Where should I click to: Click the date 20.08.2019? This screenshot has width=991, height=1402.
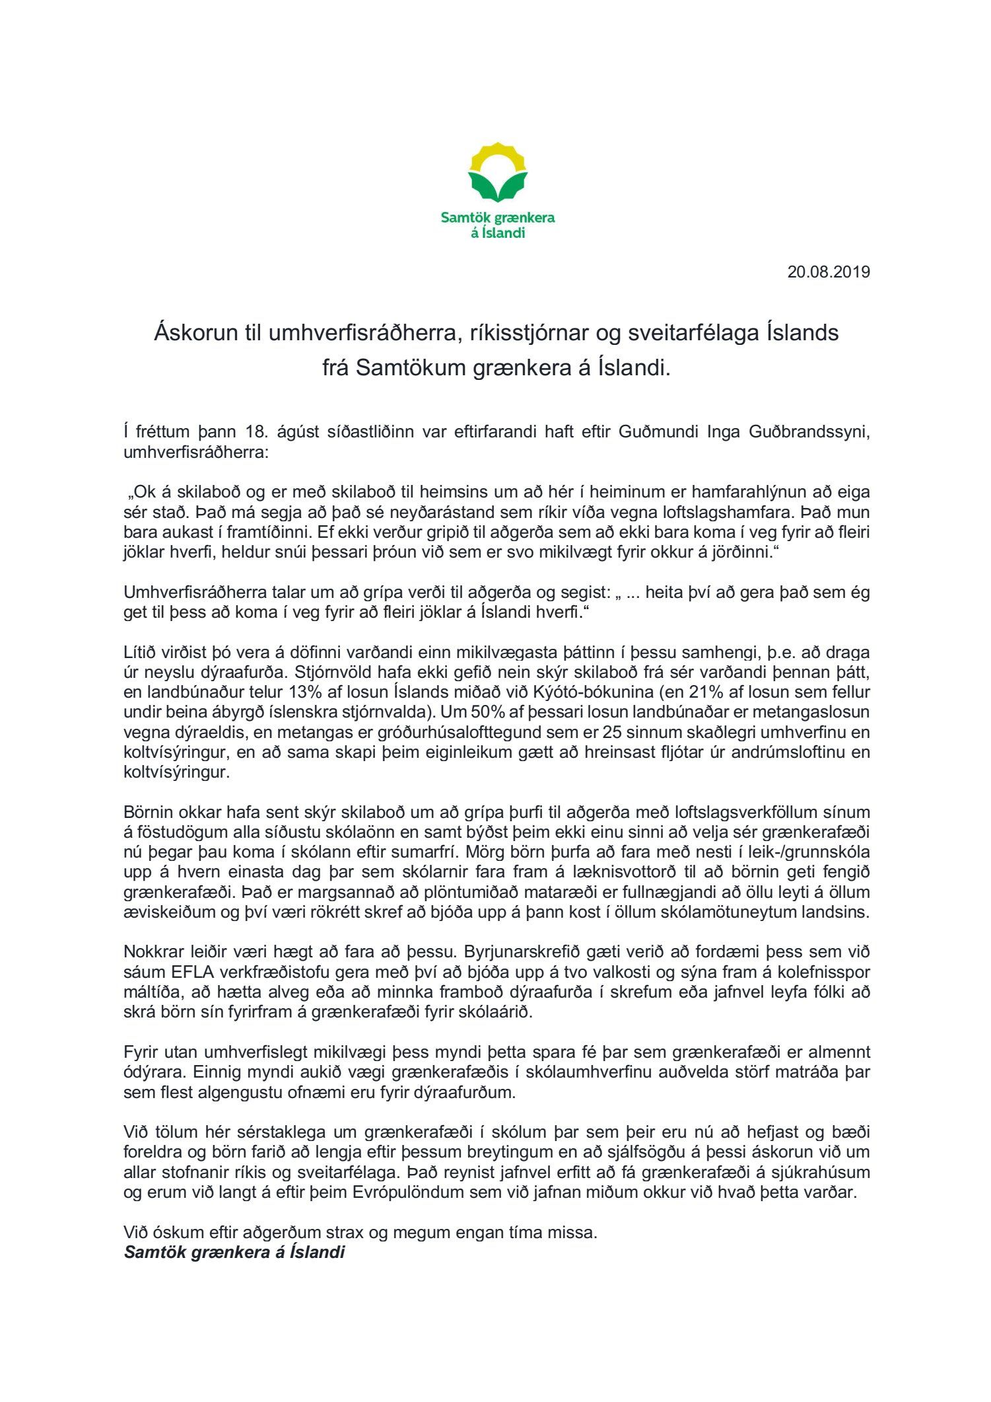click(828, 272)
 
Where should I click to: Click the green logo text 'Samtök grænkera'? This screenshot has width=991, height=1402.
click(498, 217)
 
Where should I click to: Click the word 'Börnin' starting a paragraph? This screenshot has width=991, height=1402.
click(148, 812)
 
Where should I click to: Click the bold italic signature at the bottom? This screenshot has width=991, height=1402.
click(234, 1252)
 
